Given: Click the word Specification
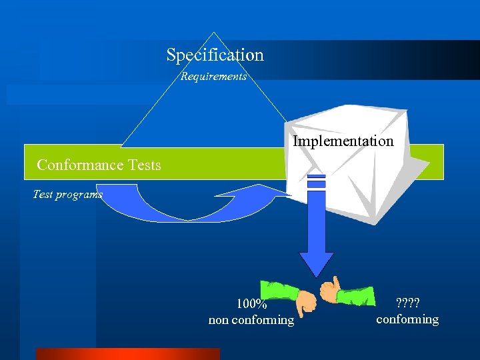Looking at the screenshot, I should (215, 55).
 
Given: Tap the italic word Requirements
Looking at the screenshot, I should (213, 77).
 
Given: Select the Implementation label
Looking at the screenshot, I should (343, 141).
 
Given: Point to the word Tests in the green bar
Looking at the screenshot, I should (143, 165).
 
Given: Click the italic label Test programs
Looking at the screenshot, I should (67, 195).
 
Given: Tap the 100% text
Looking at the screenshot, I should (252, 305).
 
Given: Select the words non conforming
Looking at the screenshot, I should (251, 320).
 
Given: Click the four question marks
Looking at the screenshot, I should (407, 304).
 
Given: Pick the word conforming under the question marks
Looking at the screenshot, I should (407, 319).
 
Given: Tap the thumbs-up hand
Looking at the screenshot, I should (330, 291).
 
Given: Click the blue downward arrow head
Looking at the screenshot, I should (316, 263).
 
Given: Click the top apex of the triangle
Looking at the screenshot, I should (213, 33).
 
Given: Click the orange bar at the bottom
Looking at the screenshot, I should (127, 354).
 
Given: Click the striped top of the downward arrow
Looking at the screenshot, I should (316, 181).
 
